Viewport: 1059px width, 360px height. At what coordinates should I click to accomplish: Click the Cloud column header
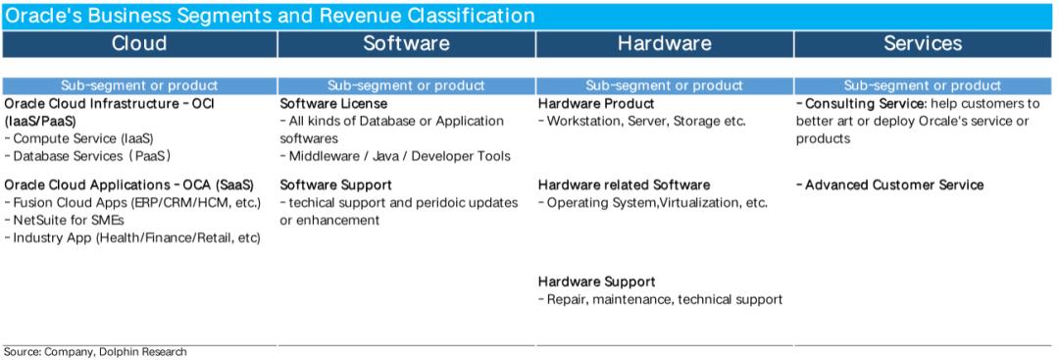(139, 43)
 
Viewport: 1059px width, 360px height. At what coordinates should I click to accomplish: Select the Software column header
(407, 43)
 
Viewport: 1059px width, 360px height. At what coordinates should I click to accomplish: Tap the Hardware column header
(665, 43)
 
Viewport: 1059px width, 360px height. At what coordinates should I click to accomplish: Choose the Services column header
(923, 43)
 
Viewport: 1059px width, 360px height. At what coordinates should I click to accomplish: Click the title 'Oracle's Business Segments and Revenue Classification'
(270, 15)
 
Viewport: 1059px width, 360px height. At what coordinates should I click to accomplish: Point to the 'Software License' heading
(333, 104)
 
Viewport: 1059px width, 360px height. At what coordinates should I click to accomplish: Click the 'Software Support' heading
(335, 185)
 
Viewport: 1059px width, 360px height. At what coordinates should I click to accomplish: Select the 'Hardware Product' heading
(596, 104)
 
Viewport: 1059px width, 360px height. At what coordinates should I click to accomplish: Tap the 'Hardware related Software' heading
(624, 185)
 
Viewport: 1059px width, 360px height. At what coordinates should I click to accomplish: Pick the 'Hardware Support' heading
(597, 282)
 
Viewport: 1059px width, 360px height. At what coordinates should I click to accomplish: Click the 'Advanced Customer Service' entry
(890, 185)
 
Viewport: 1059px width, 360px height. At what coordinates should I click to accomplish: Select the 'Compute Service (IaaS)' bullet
(79, 138)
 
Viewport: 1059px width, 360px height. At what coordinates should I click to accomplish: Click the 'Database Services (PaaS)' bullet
(88, 156)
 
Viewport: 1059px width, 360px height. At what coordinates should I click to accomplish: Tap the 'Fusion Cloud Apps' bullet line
(132, 203)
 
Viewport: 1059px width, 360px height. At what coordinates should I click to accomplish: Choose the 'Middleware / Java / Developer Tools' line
(395, 156)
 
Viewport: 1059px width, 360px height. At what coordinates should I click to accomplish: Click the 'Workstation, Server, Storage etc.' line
(641, 122)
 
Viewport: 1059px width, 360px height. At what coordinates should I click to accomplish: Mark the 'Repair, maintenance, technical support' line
(661, 299)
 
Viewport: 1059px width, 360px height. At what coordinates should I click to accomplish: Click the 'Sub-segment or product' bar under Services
(923, 85)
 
